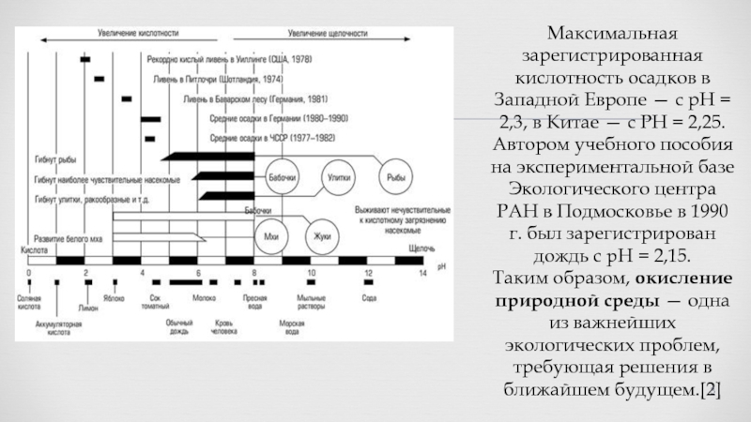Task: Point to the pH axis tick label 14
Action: pyautogui.click(x=423, y=272)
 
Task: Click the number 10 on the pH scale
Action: pyautogui.click(x=311, y=272)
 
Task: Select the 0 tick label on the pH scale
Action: pyautogui.click(x=29, y=272)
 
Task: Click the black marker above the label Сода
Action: pyautogui.click(x=369, y=280)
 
